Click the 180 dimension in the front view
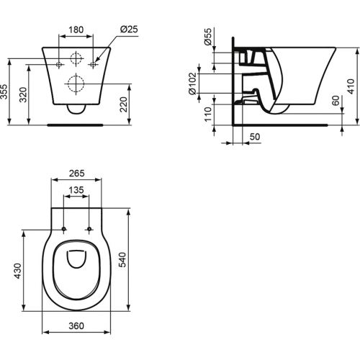click(76, 31)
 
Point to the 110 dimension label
click(208, 114)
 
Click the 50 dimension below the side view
click(253, 135)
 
